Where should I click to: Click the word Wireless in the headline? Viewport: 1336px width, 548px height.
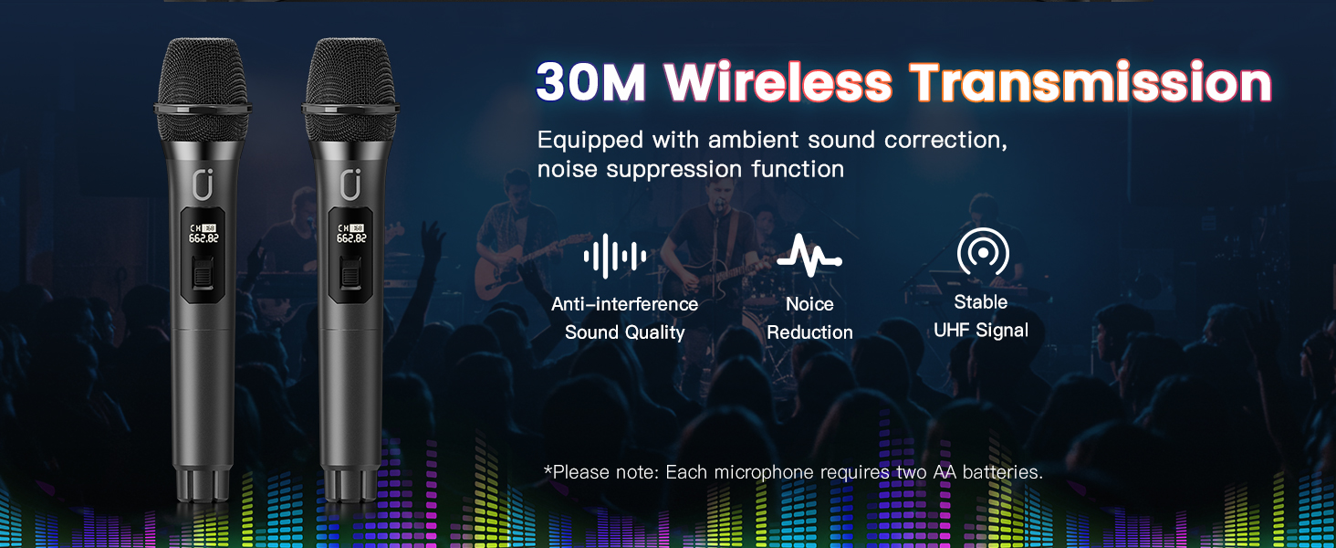pyautogui.click(x=778, y=83)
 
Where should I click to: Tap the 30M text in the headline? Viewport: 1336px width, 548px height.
pyautogui.click(x=590, y=83)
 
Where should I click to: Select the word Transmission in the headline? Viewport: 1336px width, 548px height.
pyautogui.click(x=1090, y=83)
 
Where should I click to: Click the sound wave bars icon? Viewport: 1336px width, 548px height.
pyautogui.click(x=616, y=256)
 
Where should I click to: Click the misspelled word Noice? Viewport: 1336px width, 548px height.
pyautogui.click(x=809, y=304)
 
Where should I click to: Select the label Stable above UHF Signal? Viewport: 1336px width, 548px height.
pyautogui.click(x=981, y=302)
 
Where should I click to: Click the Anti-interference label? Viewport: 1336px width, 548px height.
pyautogui.click(x=624, y=304)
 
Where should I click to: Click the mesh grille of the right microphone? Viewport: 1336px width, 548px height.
pyautogui.click(x=350, y=78)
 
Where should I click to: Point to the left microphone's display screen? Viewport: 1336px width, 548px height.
pyautogui.click(x=203, y=233)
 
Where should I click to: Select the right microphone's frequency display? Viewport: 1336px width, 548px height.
pyautogui.click(x=351, y=238)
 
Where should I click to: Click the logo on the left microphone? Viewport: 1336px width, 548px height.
pyautogui.click(x=203, y=184)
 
